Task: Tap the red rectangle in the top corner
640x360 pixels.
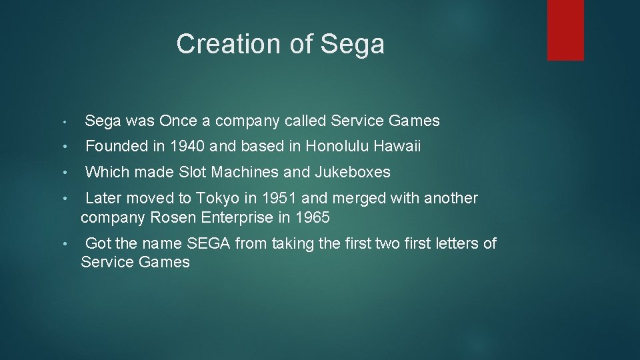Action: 565,30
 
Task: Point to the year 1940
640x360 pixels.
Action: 189,146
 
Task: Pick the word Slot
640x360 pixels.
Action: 193,172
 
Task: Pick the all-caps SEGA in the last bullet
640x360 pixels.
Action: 209,243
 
